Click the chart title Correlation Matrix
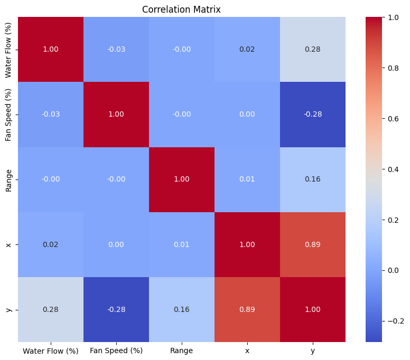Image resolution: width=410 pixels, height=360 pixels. coord(182,9)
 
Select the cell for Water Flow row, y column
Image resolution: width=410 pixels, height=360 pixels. coord(313,49)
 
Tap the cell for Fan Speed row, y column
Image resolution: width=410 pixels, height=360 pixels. coord(313,115)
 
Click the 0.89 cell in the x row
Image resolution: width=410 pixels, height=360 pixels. coord(313,245)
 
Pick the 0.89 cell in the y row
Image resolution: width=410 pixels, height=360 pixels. coord(247,310)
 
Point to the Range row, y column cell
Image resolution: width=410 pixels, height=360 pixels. coord(313,179)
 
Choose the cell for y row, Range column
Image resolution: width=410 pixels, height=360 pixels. coord(182,310)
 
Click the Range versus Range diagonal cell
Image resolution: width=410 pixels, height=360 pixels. coord(182,179)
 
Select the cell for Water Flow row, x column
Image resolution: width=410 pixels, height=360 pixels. coord(247,49)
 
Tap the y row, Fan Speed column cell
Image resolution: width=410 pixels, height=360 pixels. coord(116,310)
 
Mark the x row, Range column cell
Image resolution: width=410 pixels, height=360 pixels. coord(182,245)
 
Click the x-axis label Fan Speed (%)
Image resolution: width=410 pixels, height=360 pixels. coord(116,350)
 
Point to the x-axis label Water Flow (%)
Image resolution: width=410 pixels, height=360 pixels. coord(51,350)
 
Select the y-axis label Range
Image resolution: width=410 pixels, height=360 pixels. coord(8,179)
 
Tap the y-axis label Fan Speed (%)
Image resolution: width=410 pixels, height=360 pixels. coord(8,115)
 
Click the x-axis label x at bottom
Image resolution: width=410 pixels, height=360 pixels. coord(247,350)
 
